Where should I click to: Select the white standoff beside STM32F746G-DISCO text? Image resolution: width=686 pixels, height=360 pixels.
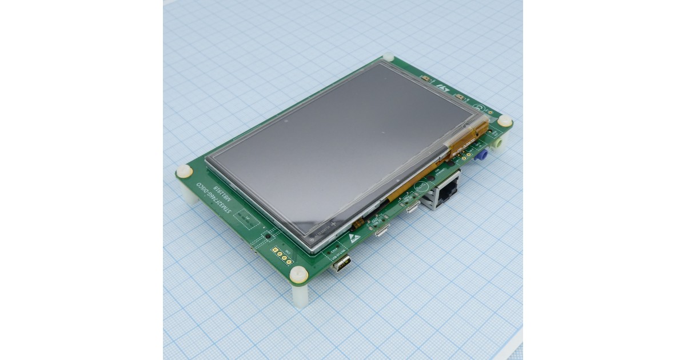(x=184, y=171)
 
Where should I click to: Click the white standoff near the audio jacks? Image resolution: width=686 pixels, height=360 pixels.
(x=504, y=122)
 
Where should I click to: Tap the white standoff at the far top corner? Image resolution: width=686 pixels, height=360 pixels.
(x=388, y=57)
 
